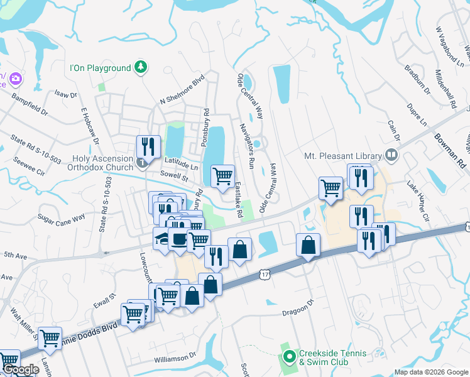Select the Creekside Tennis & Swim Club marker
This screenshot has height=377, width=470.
click(289, 358)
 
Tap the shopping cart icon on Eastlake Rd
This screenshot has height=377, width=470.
click(222, 177)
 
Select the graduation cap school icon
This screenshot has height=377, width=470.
click(163, 239)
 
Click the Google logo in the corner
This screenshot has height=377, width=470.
click(20, 370)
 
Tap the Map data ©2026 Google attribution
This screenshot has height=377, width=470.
click(431, 372)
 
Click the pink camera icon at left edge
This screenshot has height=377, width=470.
click(16, 79)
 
